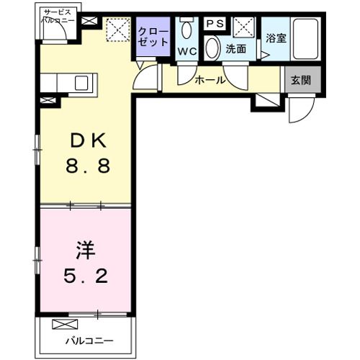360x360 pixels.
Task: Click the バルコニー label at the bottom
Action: [x=89, y=340]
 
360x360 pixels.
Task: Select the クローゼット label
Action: [x=153, y=37]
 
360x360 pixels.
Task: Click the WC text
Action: [x=187, y=51]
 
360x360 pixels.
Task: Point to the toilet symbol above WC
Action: [x=187, y=29]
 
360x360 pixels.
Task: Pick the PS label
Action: [x=215, y=24]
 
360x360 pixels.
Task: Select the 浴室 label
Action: [x=276, y=37]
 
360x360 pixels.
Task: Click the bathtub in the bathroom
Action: [x=307, y=39]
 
